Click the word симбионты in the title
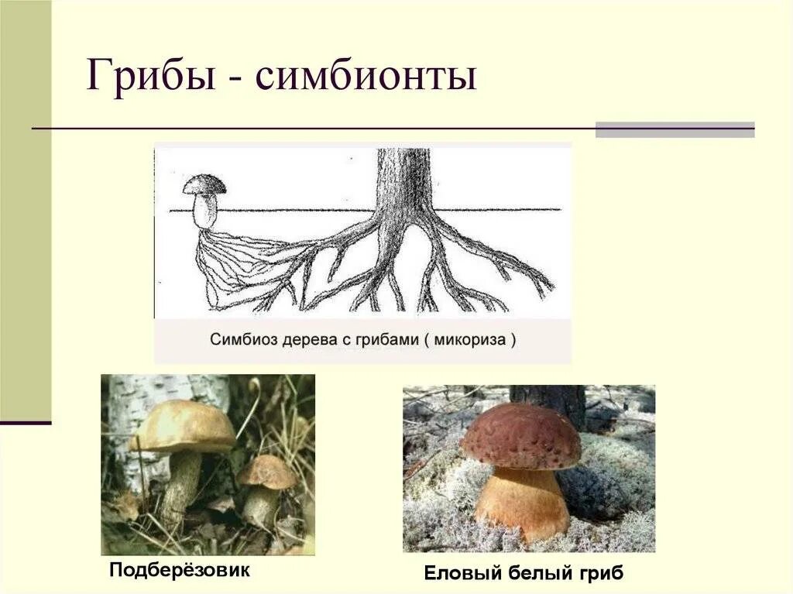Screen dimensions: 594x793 (362, 77)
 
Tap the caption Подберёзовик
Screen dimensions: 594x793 (180, 571)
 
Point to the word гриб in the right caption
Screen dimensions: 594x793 (602, 573)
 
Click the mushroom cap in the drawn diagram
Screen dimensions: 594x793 (204, 184)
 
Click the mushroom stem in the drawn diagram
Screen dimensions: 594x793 (204, 211)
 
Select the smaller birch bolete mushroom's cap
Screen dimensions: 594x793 (267, 471)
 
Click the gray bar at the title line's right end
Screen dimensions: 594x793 (674, 129)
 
